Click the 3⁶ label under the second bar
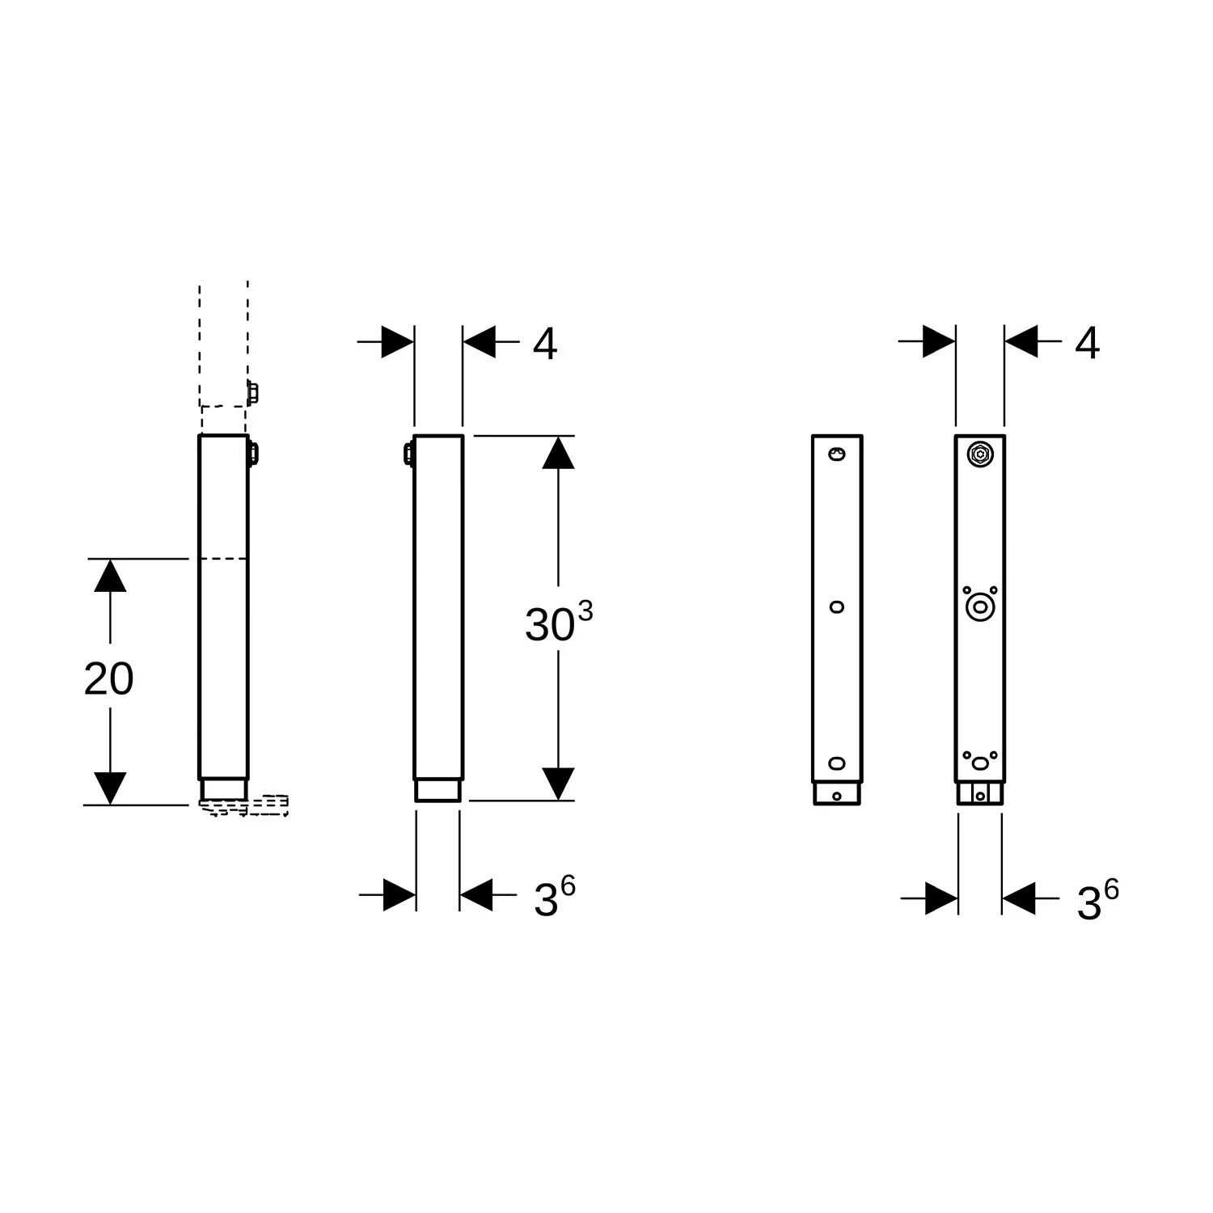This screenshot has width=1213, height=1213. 555,897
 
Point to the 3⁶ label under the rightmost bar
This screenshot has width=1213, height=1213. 1097,901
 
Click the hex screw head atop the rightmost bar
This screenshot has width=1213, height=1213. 980,454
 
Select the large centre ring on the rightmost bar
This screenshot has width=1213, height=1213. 980,606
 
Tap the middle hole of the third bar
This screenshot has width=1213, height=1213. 837,606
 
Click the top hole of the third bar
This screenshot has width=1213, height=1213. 838,455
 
